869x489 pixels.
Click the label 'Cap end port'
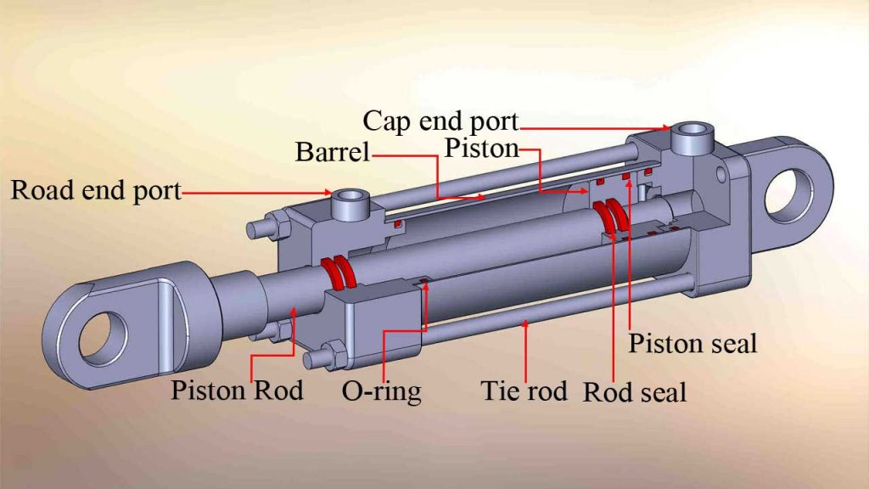(x=440, y=121)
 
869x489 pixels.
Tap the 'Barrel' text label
(x=333, y=153)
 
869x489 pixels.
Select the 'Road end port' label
(x=96, y=190)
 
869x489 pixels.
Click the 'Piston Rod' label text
(x=237, y=391)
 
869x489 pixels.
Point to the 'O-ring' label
(x=381, y=391)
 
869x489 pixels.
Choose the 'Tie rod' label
(x=524, y=391)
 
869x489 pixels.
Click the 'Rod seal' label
(x=634, y=392)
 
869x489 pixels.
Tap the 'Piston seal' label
(x=692, y=344)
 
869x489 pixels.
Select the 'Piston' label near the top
(x=481, y=149)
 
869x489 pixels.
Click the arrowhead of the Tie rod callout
(x=525, y=323)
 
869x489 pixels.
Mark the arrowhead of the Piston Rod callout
(x=293, y=313)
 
